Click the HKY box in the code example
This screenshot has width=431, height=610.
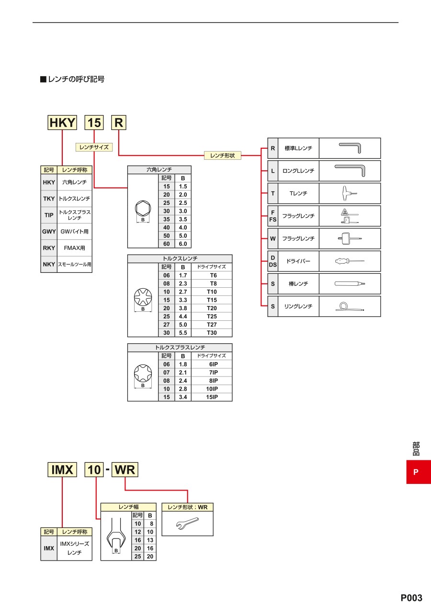[62, 123]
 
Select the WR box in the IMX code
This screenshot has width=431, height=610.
[125, 470]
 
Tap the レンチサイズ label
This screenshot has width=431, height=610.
[94, 147]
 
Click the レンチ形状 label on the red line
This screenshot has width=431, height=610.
[222, 155]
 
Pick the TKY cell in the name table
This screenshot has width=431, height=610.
[49, 199]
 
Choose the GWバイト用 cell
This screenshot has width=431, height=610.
[75, 232]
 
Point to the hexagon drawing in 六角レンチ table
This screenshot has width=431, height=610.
[143, 209]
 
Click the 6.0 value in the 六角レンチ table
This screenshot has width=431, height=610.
[183, 244]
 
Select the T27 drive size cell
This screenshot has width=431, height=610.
[212, 325]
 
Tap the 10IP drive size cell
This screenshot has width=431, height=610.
[212, 389]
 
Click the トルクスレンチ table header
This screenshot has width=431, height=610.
[180, 258]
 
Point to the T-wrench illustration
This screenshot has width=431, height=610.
[350, 193]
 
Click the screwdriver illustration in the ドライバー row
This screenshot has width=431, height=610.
[350, 261]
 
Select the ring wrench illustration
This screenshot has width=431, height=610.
[350, 306]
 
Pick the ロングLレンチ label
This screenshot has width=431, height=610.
[298, 171]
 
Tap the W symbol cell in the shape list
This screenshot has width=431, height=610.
[273, 238]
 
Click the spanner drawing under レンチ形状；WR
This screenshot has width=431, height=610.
[187, 523]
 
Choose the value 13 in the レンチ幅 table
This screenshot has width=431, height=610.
[150, 540]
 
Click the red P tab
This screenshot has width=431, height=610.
[419, 472]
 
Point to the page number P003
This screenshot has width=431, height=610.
[411, 598]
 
